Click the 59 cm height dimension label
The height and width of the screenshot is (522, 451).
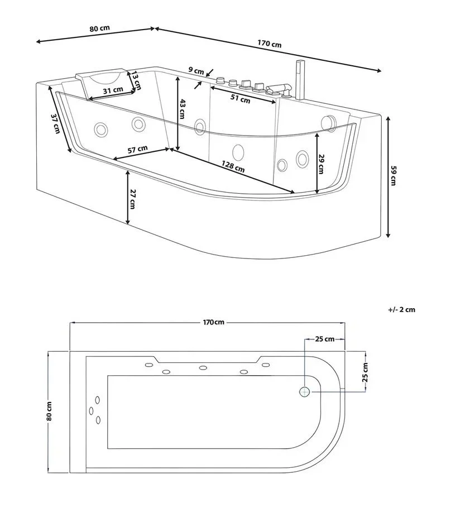394,175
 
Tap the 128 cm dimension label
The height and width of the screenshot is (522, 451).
233,166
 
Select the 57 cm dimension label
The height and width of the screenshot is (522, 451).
137,149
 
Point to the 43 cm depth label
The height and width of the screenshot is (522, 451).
182,108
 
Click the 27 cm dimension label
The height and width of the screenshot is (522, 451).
132,199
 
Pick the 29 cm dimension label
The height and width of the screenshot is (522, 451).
321,164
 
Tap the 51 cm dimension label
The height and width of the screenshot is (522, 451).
241,99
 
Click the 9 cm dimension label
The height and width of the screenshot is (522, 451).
196,70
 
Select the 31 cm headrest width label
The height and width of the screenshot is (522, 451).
113,90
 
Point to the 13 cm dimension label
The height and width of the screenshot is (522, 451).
136,80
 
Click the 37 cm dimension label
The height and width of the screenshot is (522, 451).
56,124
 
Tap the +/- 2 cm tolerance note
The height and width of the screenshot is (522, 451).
402,310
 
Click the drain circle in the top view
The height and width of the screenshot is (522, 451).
305,392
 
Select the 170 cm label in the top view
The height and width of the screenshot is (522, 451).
214,322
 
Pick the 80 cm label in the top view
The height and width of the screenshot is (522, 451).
49,411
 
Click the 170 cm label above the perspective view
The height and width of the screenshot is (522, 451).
269,44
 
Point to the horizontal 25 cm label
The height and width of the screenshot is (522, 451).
325,339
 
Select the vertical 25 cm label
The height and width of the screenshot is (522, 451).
365,372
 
